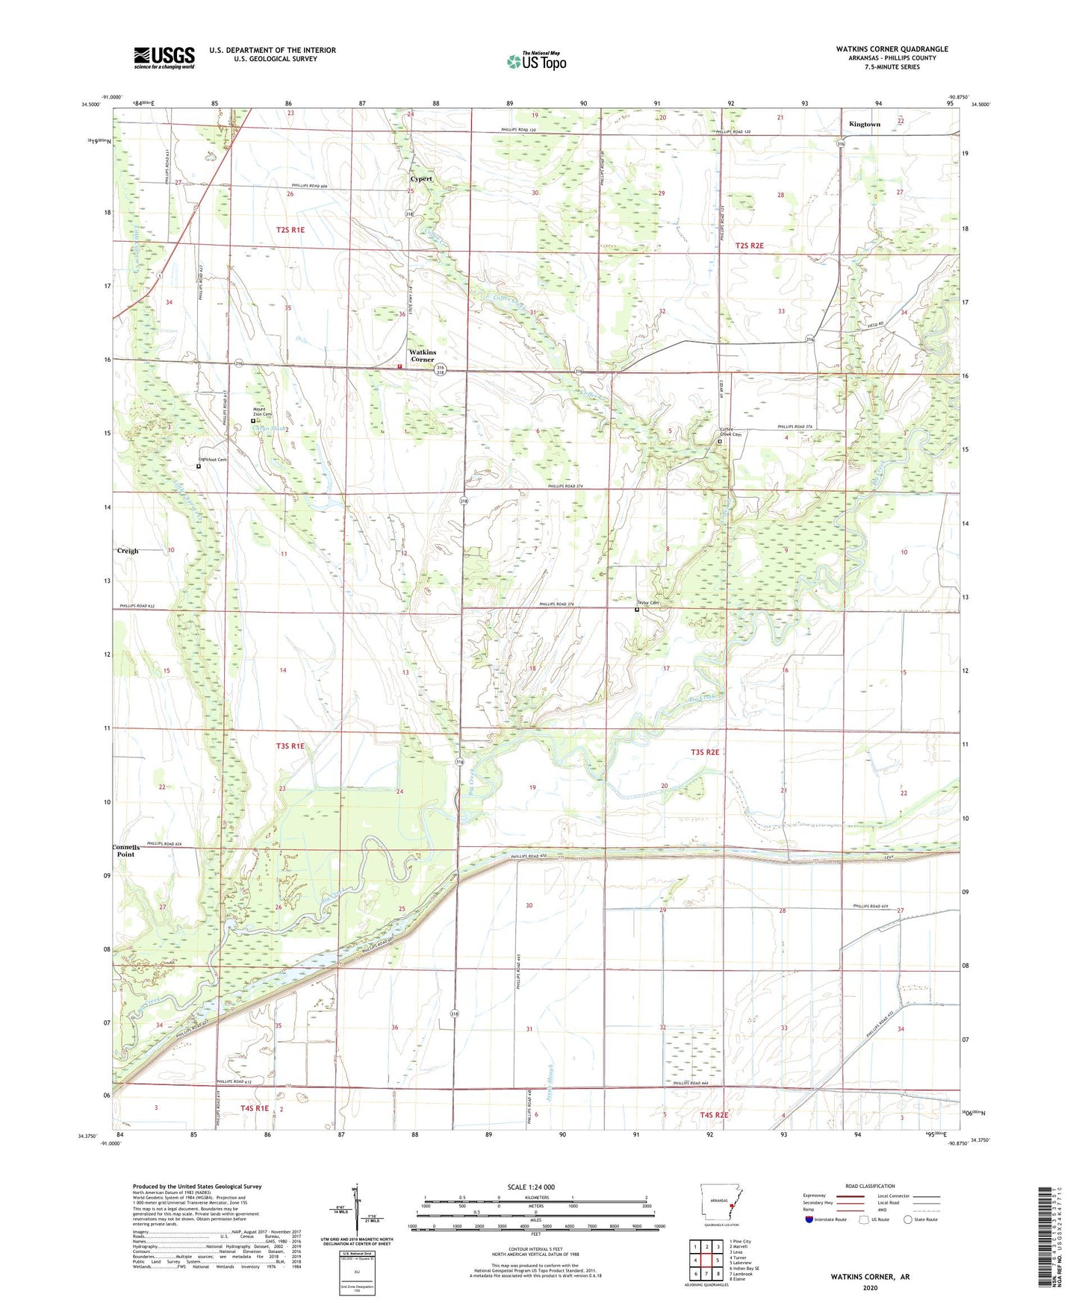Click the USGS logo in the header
click(x=164, y=57)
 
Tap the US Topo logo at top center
click(x=536, y=61)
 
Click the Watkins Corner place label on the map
click(x=422, y=355)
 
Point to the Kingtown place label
click(x=865, y=125)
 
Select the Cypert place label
click(x=420, y=179)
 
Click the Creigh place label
click(x=128, y=551)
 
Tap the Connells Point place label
click(x=125, y=851)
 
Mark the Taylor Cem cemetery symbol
click(x=637, y=610)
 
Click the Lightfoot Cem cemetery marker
click(x=199, y=466)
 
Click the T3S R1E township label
click(x=290, y=746)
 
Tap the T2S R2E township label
click(x=750, y=246)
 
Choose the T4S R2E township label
click(x=714, y=1115)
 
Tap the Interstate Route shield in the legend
click(x=810, y=1219)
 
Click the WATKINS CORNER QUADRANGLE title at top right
click(x=892, y=49)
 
